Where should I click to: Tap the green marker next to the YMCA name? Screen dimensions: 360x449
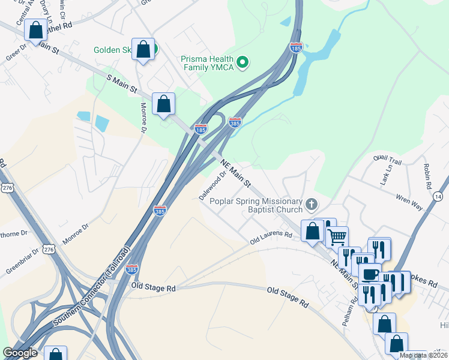(243, 62)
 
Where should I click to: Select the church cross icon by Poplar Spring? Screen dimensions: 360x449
(311, 205)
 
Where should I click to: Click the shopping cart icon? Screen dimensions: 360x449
(337, 236)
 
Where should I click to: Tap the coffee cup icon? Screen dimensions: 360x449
(370, 274)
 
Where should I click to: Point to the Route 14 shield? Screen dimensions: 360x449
(438, 196)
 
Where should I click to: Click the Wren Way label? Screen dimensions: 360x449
(409, 202)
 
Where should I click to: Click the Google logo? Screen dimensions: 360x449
(20, 353)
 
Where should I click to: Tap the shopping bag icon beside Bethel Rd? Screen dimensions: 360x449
(35, 30)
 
